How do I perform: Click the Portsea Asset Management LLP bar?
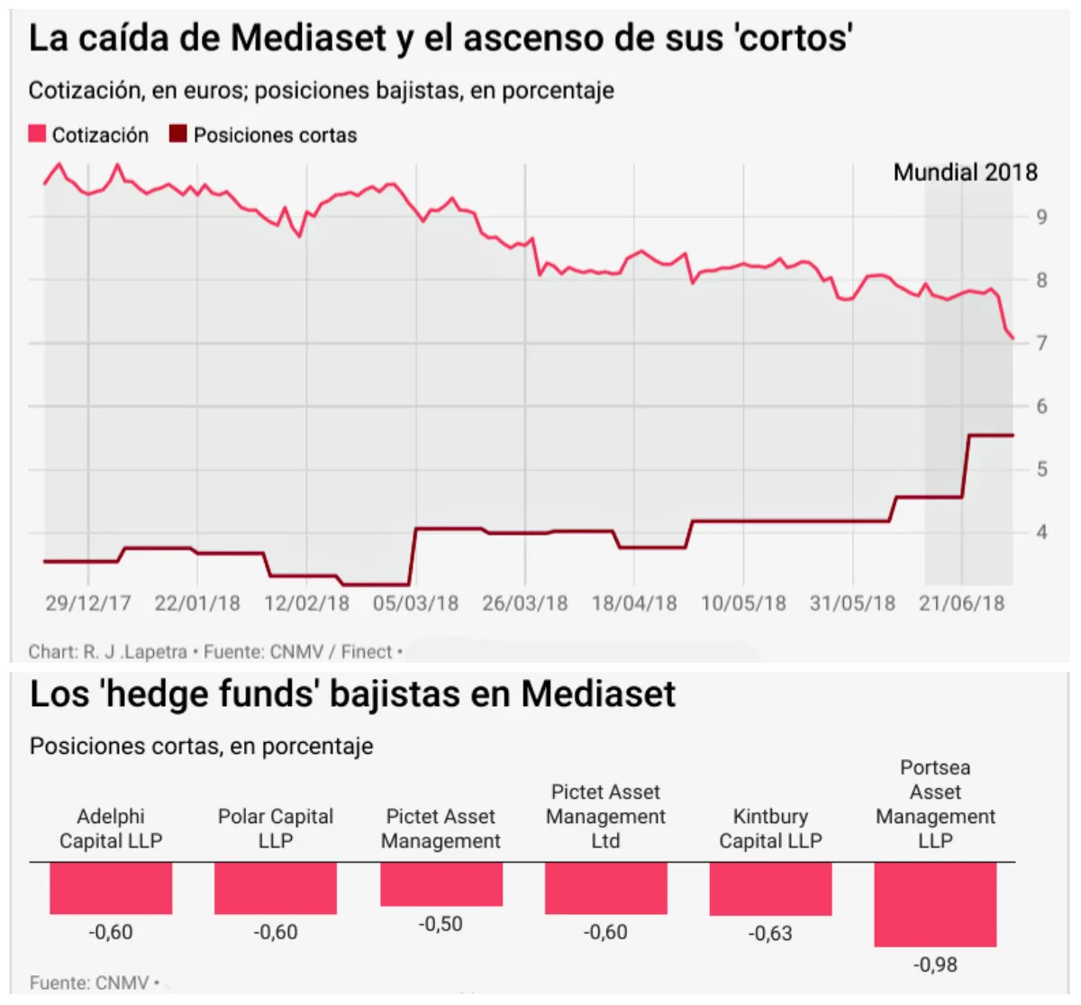pyautogui.click(x=935, y=904)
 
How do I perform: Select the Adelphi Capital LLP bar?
pyautogui.click(x=111, y=888)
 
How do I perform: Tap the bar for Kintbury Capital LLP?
pyautogui.click(x=770, y=889)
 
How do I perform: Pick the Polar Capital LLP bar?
pyautogui.click(x=276, y=888)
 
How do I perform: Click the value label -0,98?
pyautogui.click(x=935, y=964)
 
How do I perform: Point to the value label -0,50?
pyautogui.click(x=441, y=924)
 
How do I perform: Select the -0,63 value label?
pyautogui.click(x=770, y=933)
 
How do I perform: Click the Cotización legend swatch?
pyautogui.click(x=37, y=134)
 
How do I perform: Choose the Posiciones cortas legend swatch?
pyautogui.click(x=177, y=134)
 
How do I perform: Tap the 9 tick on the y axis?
pyautogui.click(x=1041, y=217)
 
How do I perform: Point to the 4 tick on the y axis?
pyautogui.click(x=1041, y=532)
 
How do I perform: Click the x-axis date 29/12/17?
pyautogui.click(x=88, y=603)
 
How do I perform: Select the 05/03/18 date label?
pyautogui.click(x=415, y=603)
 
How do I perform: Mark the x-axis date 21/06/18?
pyautogui.click(x=961, y=603)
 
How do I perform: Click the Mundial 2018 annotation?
pyautogui.click(x=965, y=172)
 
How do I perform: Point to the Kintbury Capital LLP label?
pyautogui.click(x=770, y=828)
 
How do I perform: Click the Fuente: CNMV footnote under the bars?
pyautogui.click(x=89, y=982)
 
